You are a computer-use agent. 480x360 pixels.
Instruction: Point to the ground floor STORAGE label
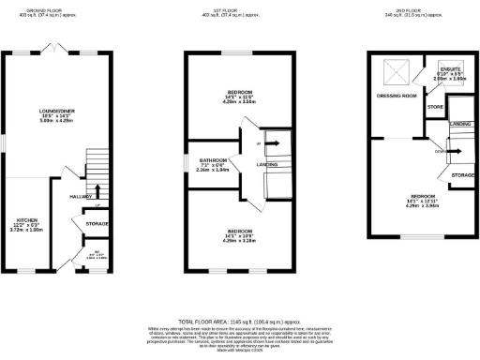96,224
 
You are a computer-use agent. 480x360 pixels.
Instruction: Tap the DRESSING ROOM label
395,96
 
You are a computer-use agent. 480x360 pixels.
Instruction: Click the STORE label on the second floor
435,108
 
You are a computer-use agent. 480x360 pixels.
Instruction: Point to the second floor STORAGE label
460,174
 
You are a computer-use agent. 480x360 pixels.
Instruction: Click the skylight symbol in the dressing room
392,69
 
